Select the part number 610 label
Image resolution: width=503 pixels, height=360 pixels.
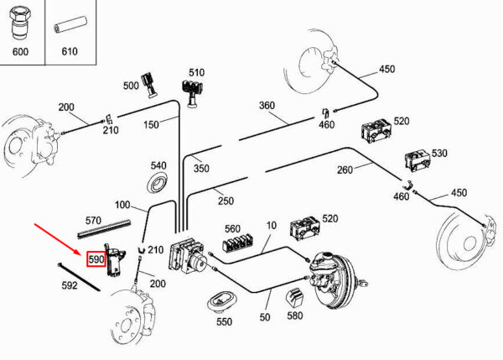pos(69,50)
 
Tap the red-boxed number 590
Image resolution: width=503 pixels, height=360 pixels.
pos(96,260)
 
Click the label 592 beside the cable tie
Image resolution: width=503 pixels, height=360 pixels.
pos(70,285)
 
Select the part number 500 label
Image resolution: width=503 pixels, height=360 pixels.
pos(131,86)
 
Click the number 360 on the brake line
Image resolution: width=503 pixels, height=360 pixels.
pos(267,107)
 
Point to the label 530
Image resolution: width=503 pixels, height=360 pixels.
pos(439,154)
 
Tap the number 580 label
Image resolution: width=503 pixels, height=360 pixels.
pos(294,317)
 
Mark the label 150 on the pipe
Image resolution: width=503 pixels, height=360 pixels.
pos(150,125)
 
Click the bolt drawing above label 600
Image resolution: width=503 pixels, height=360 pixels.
pos(19,24)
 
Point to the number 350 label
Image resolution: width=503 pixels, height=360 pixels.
pos(201,169)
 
